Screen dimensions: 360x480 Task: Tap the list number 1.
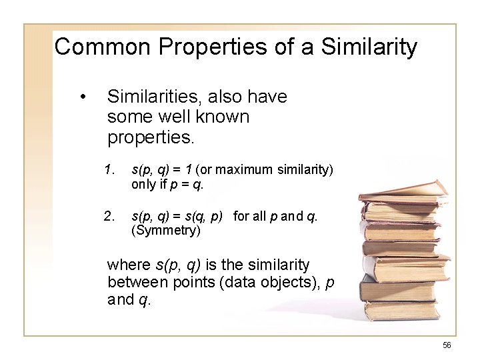click(109, 171)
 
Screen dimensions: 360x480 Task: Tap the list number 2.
click(109, 216)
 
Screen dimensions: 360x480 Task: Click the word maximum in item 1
click(230, 171)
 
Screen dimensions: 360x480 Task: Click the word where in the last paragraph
click(127, 264)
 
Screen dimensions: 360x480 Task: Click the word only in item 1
click(143, 184)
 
